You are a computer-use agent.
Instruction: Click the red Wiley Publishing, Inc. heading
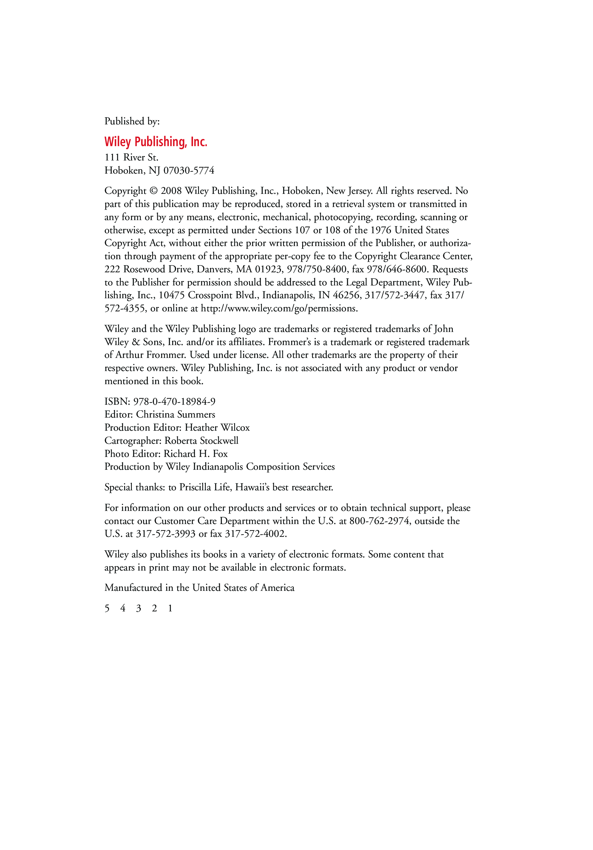155,142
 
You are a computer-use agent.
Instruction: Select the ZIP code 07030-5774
189,171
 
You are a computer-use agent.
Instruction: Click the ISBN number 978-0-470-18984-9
174,402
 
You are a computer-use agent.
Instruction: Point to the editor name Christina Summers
175,415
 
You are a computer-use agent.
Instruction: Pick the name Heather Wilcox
217,428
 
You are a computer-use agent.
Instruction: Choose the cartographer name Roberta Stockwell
201,441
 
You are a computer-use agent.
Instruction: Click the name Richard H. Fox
195,454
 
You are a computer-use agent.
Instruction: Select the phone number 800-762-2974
379,521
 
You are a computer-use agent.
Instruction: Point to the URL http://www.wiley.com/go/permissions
279,309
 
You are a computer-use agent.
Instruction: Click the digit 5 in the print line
107,609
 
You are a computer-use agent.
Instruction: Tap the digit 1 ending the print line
170,609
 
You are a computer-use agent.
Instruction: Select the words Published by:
132,121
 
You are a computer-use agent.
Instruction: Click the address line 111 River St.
132,158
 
